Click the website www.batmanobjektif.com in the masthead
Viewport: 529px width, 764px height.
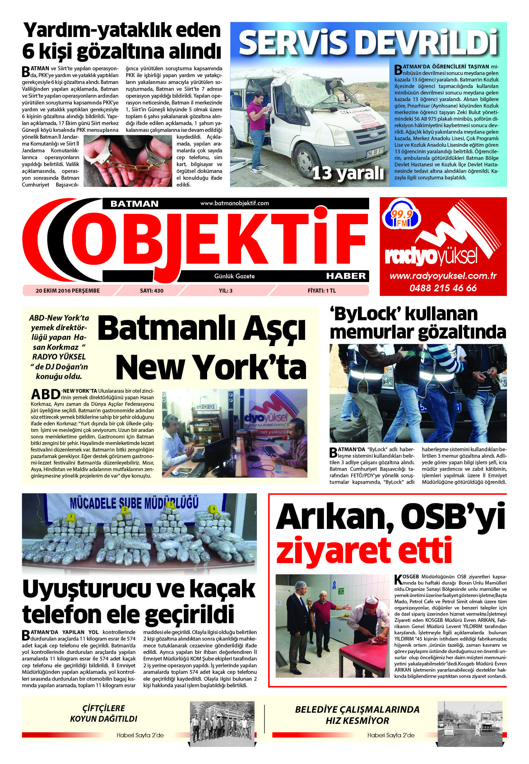(234, 203)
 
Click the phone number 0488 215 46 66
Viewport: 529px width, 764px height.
(443, 288)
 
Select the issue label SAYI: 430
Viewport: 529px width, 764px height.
(152, 291)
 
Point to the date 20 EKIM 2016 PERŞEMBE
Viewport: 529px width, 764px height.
(67, 291)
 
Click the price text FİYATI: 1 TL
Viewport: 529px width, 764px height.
(322, 291)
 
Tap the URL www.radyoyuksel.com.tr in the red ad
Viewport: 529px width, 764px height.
(443, 276)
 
